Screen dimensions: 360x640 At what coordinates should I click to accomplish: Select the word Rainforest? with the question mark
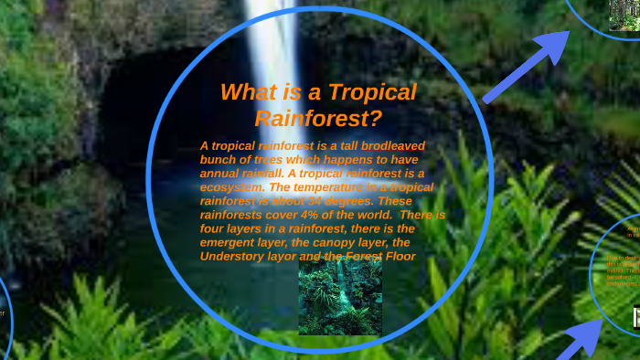click(x=317, y=118)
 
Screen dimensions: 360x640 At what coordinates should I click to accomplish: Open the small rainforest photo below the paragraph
click(x=340, y=298)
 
